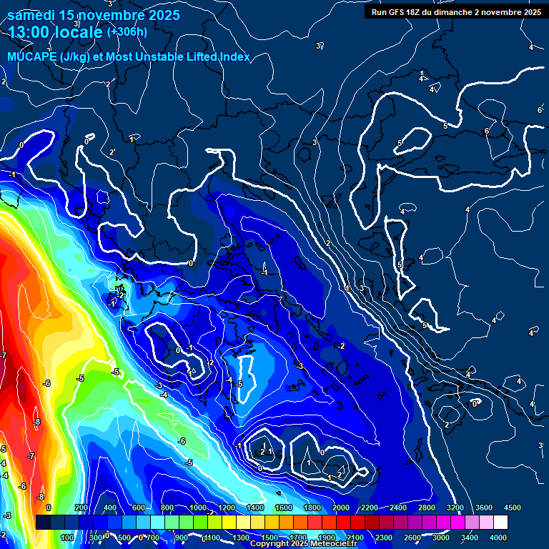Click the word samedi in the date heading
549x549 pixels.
pos(31,15)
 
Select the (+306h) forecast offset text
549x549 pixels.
pos(127,31)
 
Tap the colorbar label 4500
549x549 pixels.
pos(512,507)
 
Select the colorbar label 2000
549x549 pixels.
pos(340,507)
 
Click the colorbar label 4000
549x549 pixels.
pos(498,538)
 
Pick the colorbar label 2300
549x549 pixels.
pos(384,538)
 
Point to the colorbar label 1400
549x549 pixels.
pos(254,507)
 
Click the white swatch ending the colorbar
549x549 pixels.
pos(500,523)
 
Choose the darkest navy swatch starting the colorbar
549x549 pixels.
pos(42,523)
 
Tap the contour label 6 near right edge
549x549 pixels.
pos(540,110)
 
